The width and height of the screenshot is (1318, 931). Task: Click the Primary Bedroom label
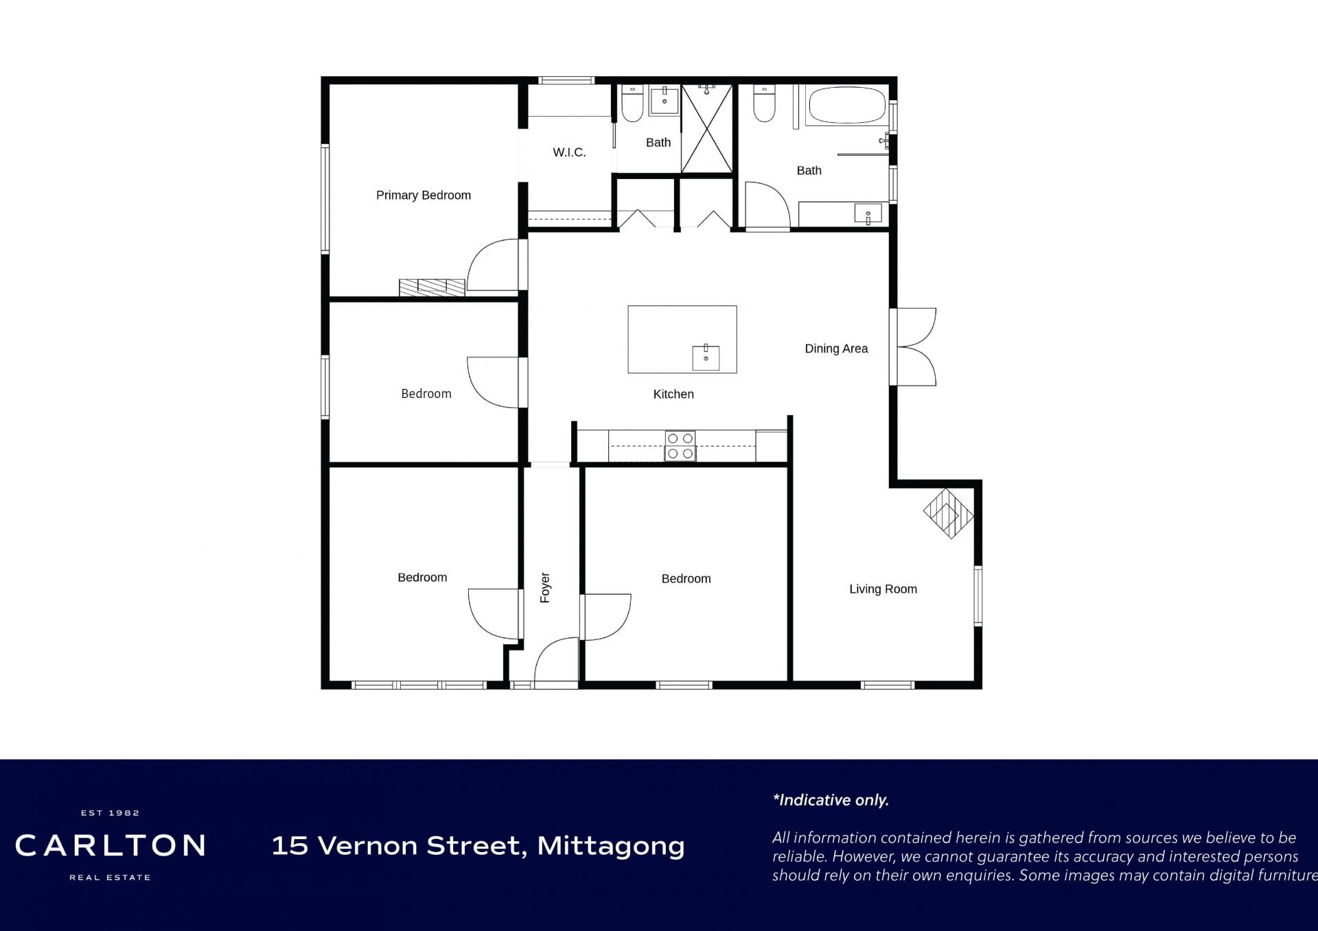pyautogui.click(x=424, y=196)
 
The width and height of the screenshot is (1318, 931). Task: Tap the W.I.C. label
pyautogui.click(x=569, y=152)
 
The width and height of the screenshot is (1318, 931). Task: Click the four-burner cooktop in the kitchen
pyautogui.click(x=680, y=446)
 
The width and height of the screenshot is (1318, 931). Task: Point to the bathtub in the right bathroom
pyautogui.click(x=847, y=105)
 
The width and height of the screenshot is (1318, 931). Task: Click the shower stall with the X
pyautogui.click(x=707, y=129)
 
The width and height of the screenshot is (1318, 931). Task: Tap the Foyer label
pyautogui.click(x=545, y=587)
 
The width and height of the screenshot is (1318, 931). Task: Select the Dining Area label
pyautogui.click(x=836, y=349)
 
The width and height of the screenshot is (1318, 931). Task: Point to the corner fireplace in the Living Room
pyautogui.click(x=948, y=513)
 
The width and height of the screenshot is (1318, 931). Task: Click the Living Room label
pyautogui.click(x=883, y=589)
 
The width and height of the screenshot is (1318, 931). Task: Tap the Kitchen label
pyautogui.click(x=673, y=394)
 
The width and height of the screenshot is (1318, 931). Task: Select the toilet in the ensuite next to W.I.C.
pyautogui.click(x=632, y=103)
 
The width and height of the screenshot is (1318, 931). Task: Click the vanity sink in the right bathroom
pyautogui.click(x=868, y=214)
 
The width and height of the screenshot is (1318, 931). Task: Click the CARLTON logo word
pyautogui.click(x=111, y=846)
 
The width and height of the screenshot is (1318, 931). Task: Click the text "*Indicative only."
pyautogui.click(x=831, y=800)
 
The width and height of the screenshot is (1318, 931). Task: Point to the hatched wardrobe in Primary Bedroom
pyautogui.click(x=432, y=287)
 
